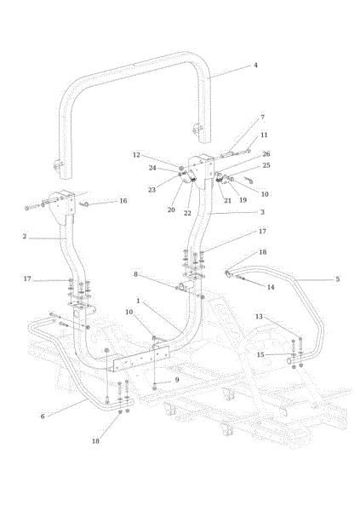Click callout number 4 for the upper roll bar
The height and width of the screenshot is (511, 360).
click(x=256, y=66)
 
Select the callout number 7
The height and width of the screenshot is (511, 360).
click(x=263, y=118)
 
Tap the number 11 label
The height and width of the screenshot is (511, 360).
click(x=264, y=135)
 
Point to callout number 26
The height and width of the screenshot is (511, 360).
click(x=266, y=154)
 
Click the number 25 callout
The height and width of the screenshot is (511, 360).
click(x=266, y=165)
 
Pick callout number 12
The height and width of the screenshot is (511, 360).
click(x=136, y=155)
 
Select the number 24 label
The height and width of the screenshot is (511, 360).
click(x=152, y=168)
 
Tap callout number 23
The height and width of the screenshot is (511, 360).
click(x=151, y=190)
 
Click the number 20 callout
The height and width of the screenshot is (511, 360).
click(x=171, y=210)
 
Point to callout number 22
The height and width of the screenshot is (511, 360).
click(x=187, y=213)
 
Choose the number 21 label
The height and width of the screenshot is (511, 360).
click(x=227, y=201)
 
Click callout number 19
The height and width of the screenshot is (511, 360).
click(x=243, y=200)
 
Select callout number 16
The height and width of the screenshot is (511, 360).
click(x=123, y=201)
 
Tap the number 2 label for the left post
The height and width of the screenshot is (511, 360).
click(x=25, y=236)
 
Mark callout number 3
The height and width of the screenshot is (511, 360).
click(x=262, y=212)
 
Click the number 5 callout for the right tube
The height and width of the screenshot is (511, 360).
click(x=338, y=279)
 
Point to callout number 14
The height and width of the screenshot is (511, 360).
click(x=271, y=287)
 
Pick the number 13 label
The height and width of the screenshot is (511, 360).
click(x=259, y=317)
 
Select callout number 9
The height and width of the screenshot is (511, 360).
click(x=177, y=380)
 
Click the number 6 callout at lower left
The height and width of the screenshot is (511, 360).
click(x=43, y=416)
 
